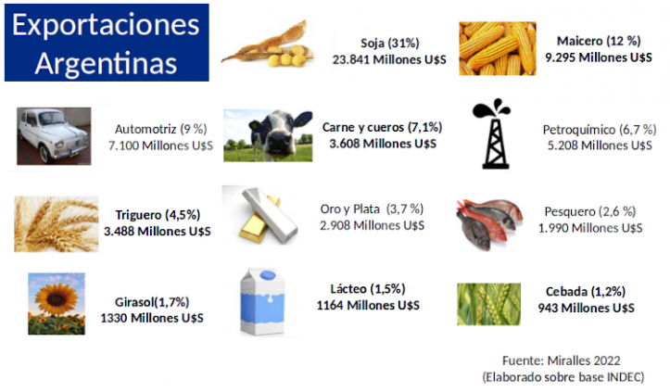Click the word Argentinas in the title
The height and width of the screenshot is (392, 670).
point(106,63)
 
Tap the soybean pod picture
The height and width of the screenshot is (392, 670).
point(268,45)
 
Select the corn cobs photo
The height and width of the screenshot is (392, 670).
point(498,48)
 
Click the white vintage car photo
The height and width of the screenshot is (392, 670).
point(54,136)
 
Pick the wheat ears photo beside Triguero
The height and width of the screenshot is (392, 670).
point(56,223)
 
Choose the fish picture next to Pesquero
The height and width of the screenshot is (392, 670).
point(489,223)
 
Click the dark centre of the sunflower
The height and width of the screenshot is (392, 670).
point(56,298)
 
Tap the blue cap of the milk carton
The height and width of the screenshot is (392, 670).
point(268,275)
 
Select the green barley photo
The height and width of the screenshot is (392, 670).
point(488,304)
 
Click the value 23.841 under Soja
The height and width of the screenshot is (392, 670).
point(352,59)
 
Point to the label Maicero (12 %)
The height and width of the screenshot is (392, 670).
point(599,41)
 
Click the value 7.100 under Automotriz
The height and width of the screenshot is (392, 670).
point(124,145)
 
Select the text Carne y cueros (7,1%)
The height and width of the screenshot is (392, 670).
point(382,127)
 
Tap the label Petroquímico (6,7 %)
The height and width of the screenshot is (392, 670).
point(600,129)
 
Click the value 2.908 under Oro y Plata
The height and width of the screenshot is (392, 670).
point(335,225)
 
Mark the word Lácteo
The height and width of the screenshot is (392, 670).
point(348,289)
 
